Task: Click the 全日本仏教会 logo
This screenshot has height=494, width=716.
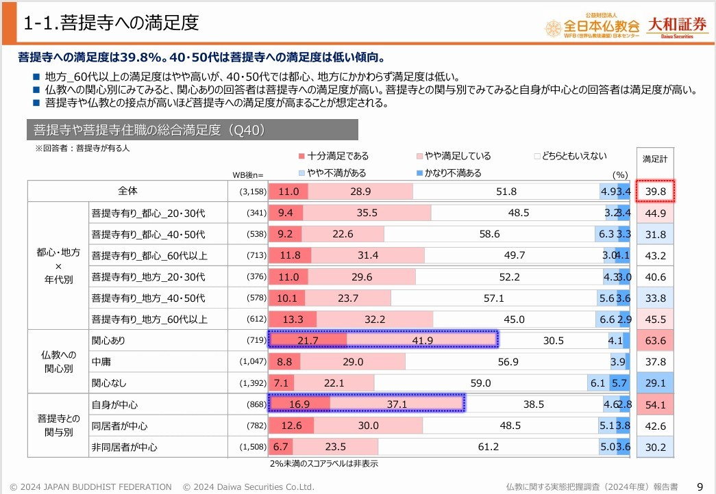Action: pos(592,26)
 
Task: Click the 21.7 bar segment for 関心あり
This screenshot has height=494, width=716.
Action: pos(308,340)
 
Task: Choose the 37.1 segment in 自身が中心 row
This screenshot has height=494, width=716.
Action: pos(397,404)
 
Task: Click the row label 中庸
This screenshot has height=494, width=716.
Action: pos(101,361)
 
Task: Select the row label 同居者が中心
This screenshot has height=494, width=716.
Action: pos(119,426)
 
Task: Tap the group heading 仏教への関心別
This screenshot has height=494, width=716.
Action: pos(58,361)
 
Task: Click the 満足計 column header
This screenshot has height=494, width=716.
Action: pos(655,159)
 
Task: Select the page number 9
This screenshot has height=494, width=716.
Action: pos(700,486)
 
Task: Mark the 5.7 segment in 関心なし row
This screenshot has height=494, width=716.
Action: pos(619,383)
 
